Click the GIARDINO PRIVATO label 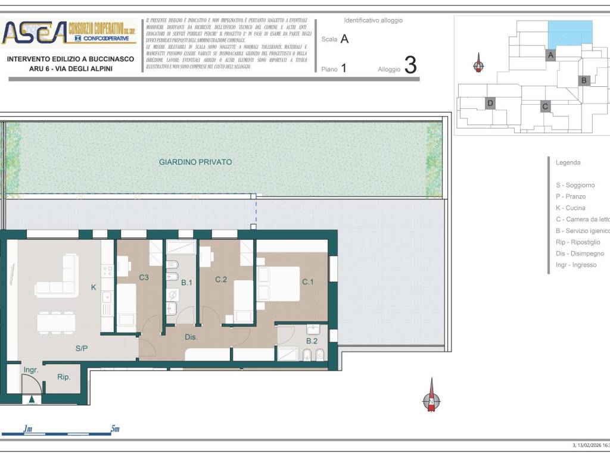[x=195, y=162]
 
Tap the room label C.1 [x=307, y=282]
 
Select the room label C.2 [x=222, y=279]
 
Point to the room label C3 [x=144, y=277]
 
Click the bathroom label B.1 [x=187, y=283]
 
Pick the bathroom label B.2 [x=312, y=341]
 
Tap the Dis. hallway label [x=191, y=337]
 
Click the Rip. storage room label [x=64, y=377]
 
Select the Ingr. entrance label [x=31, y=370]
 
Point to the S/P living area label [x=82, y=348]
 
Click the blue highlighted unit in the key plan [x=570, y=34]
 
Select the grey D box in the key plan [x=490, y=103]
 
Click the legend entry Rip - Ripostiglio [x=578, y=242]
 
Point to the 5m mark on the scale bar [x=115, y=428]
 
